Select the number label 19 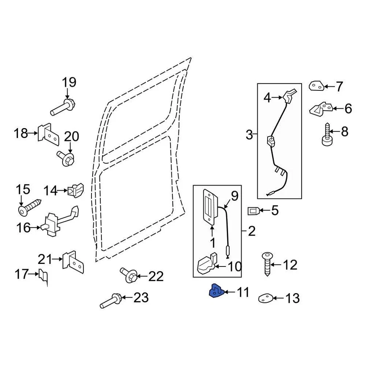point(69,82)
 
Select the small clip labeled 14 point(75,190)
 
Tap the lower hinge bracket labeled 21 point(73,262)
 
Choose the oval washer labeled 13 point(265,298)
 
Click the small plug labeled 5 point(254,210)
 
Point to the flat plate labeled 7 point(316,86)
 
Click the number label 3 point(249,135)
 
